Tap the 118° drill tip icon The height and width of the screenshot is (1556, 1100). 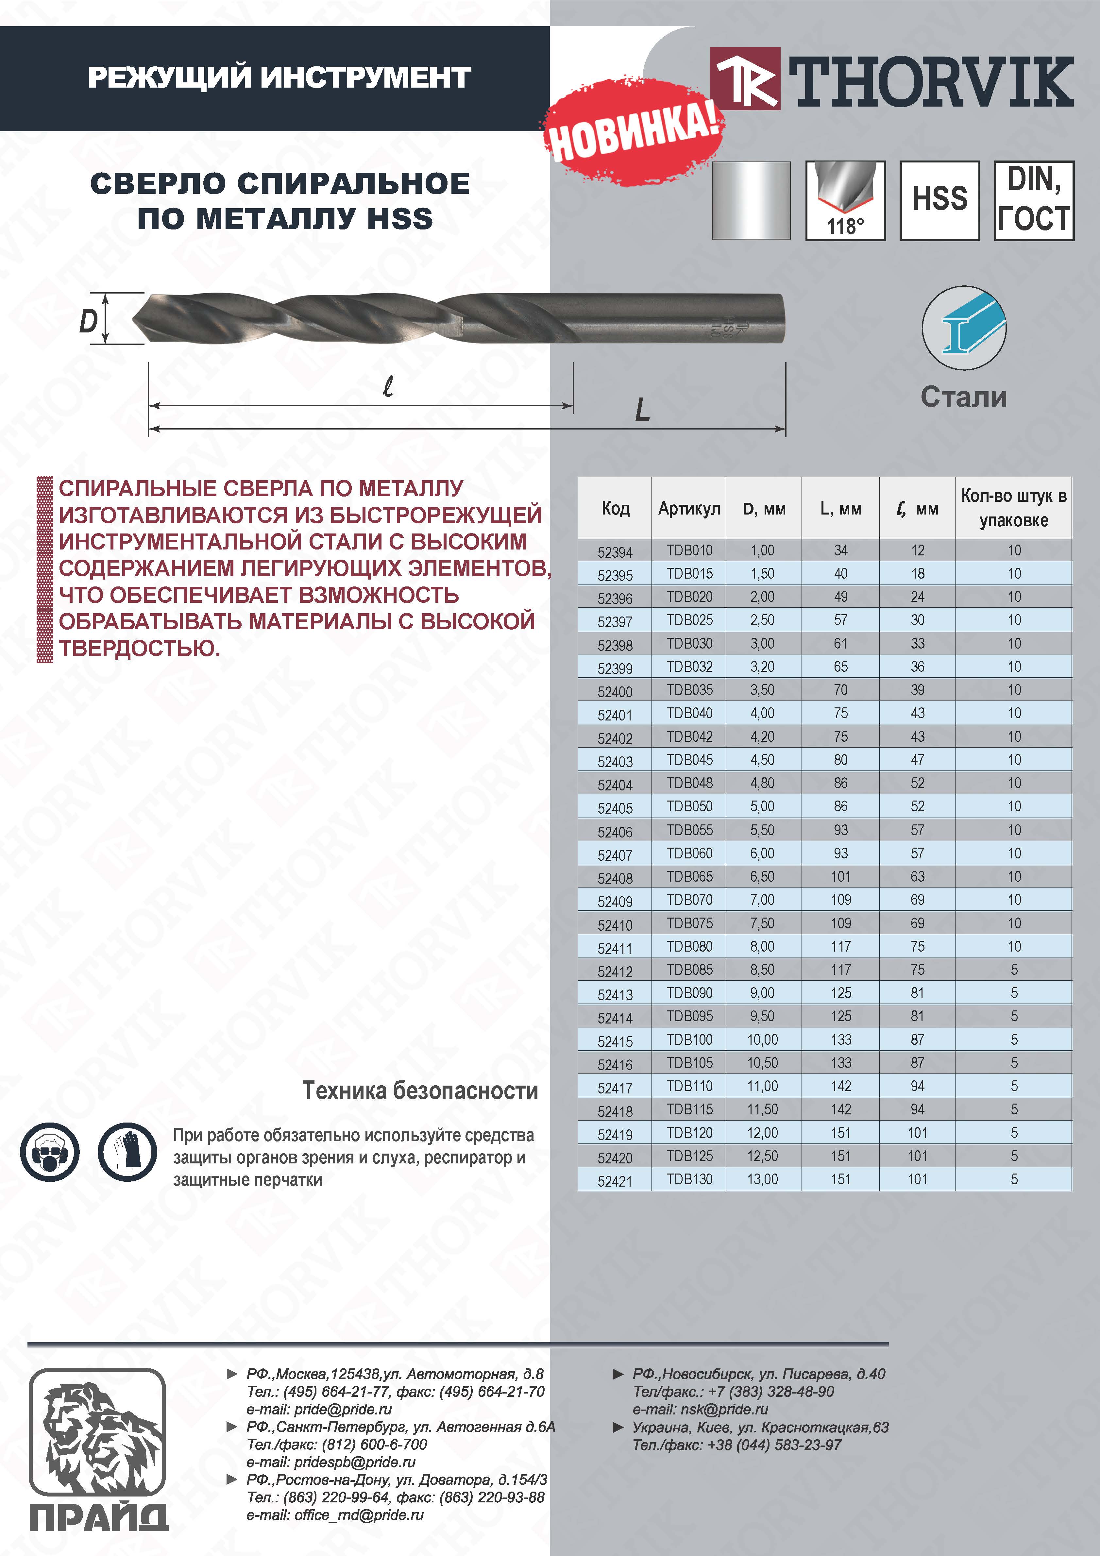(845, 201)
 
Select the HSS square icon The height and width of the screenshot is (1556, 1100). (939, 201)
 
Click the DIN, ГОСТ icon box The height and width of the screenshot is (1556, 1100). (1034, 201)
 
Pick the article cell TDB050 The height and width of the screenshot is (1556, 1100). (689, 806)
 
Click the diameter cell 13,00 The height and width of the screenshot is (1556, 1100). (762, 1179)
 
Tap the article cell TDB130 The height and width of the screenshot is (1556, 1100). (689, 1179)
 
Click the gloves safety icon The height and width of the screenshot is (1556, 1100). (127, 1152)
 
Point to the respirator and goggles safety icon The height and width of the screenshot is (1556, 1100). (49, 1152)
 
